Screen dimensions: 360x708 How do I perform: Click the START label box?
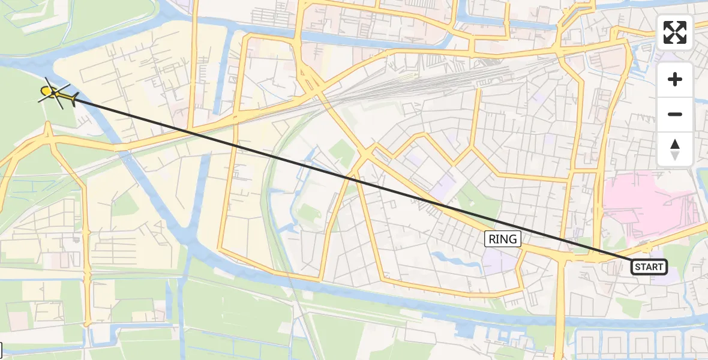click(649, 267)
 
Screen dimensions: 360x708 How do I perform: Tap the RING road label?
click(503, 239)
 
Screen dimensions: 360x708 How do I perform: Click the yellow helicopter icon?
click(57, 94)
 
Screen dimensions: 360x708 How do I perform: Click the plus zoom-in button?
click(675, 79)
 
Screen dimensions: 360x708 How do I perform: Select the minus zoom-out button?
click(675, 114)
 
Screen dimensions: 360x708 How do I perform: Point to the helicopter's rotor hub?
click(54, 92)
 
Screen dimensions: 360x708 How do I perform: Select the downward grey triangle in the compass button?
click(675, 155)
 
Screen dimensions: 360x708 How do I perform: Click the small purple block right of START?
click(672, 277)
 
